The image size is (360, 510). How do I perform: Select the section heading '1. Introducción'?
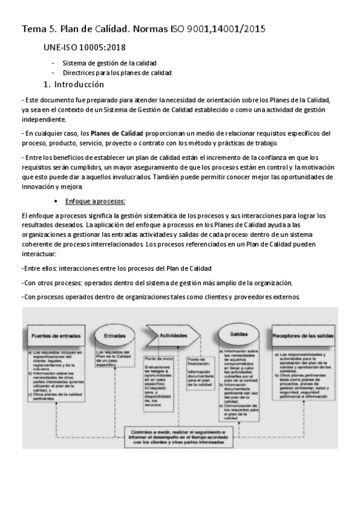pos(74,84)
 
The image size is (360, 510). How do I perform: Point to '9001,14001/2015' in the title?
pos(224,28)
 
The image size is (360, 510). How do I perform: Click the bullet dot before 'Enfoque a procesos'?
pos(56,201)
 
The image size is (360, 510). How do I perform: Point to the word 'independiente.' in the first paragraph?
pos(46,120)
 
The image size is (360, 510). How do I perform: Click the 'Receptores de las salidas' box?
pos(303,335)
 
